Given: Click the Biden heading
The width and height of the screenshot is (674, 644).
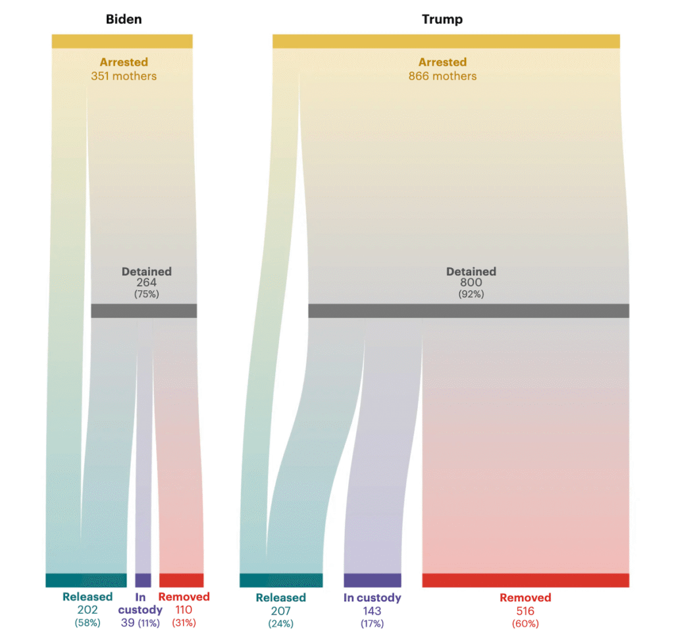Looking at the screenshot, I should click(124, 19).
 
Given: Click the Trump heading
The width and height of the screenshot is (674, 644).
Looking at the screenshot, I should click(442, 19).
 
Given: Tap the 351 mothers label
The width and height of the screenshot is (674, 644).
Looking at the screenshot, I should click(124, 76).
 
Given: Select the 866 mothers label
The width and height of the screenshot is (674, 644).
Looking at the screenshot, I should click(442, 76).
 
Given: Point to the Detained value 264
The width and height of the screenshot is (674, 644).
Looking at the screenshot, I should click(146, 282).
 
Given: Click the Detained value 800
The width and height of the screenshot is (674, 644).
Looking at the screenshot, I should click(471, 282).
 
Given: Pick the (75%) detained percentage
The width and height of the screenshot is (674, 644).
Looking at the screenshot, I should click(146, 294).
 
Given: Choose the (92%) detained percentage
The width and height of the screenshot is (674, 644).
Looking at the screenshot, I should click(471, 294).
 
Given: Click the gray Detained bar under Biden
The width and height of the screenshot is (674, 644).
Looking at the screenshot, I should click(143, 311).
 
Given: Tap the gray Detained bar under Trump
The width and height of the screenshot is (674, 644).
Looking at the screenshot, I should click(468, 311).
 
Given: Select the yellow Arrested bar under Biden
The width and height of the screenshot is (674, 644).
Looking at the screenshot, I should click(122, 41).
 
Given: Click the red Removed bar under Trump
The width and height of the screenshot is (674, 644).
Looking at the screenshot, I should click(525, 580).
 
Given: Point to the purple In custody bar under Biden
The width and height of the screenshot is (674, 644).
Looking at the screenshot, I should click(143, 580).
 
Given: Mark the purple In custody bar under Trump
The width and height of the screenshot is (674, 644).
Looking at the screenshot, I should click(372, 580).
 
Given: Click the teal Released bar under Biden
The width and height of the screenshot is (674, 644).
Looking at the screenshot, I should click(86, 580).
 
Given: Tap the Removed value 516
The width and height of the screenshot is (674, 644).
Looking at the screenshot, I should click(525, 610).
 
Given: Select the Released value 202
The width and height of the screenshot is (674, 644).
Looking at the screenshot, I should click(88, 610).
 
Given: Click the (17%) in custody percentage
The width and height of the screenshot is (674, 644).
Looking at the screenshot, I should click(372, 623).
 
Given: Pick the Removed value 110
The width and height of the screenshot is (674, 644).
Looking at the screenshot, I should click(184, 610).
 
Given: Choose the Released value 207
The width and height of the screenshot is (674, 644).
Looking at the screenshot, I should click(280, 610).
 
